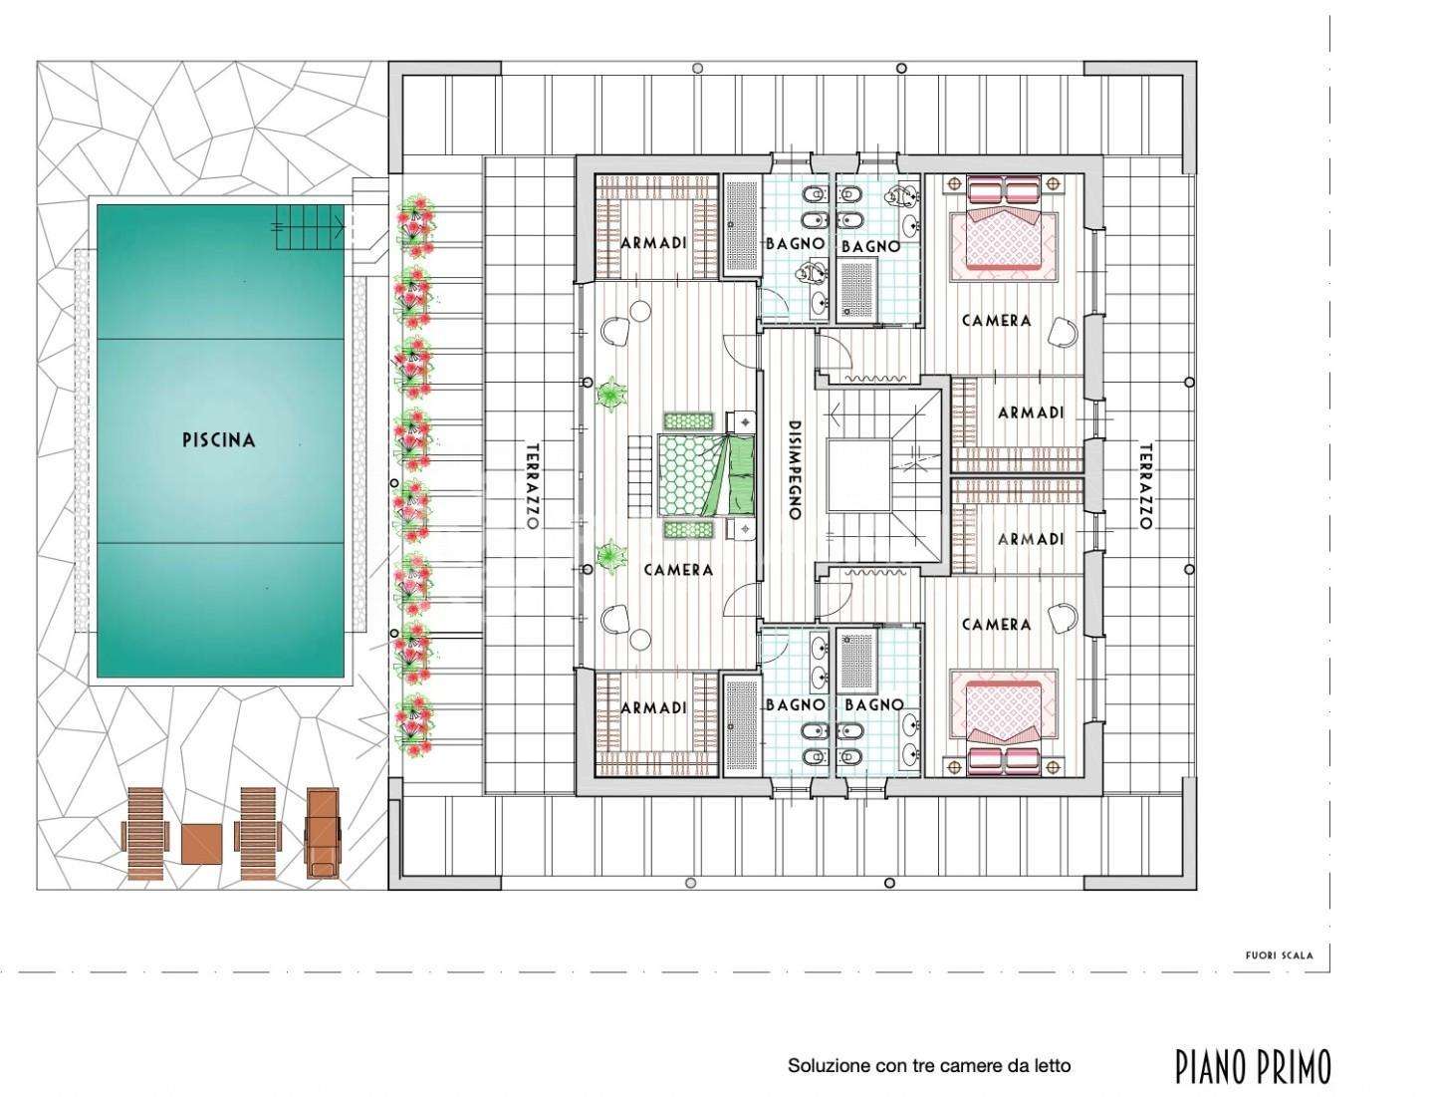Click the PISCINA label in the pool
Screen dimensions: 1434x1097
[x=218, y=439]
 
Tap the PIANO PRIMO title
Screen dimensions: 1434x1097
[x=1254, y=1067]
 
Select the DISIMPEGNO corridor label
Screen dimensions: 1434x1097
[x=795, y=469]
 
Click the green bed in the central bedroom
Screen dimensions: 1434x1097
[x=707, y=473]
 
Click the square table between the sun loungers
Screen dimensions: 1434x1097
[x=201, y=844]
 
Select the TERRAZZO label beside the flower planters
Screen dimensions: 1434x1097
[x=533, y=486]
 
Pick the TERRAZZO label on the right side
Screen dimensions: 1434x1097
[x=1145, y=486]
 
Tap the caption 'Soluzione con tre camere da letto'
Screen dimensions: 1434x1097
[x=929, y=1066]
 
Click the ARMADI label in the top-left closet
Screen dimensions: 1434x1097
[x=653, y=243]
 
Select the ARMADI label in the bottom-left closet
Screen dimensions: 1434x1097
[x=653, y=707]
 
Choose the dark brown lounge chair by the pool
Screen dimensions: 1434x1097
[x=322, y=833]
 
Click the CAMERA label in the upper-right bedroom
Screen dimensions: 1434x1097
[x=996, y=321]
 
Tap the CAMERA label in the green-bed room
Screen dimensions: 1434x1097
[x=678, y=570]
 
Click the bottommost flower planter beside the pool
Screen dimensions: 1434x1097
[x=414, y=725]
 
